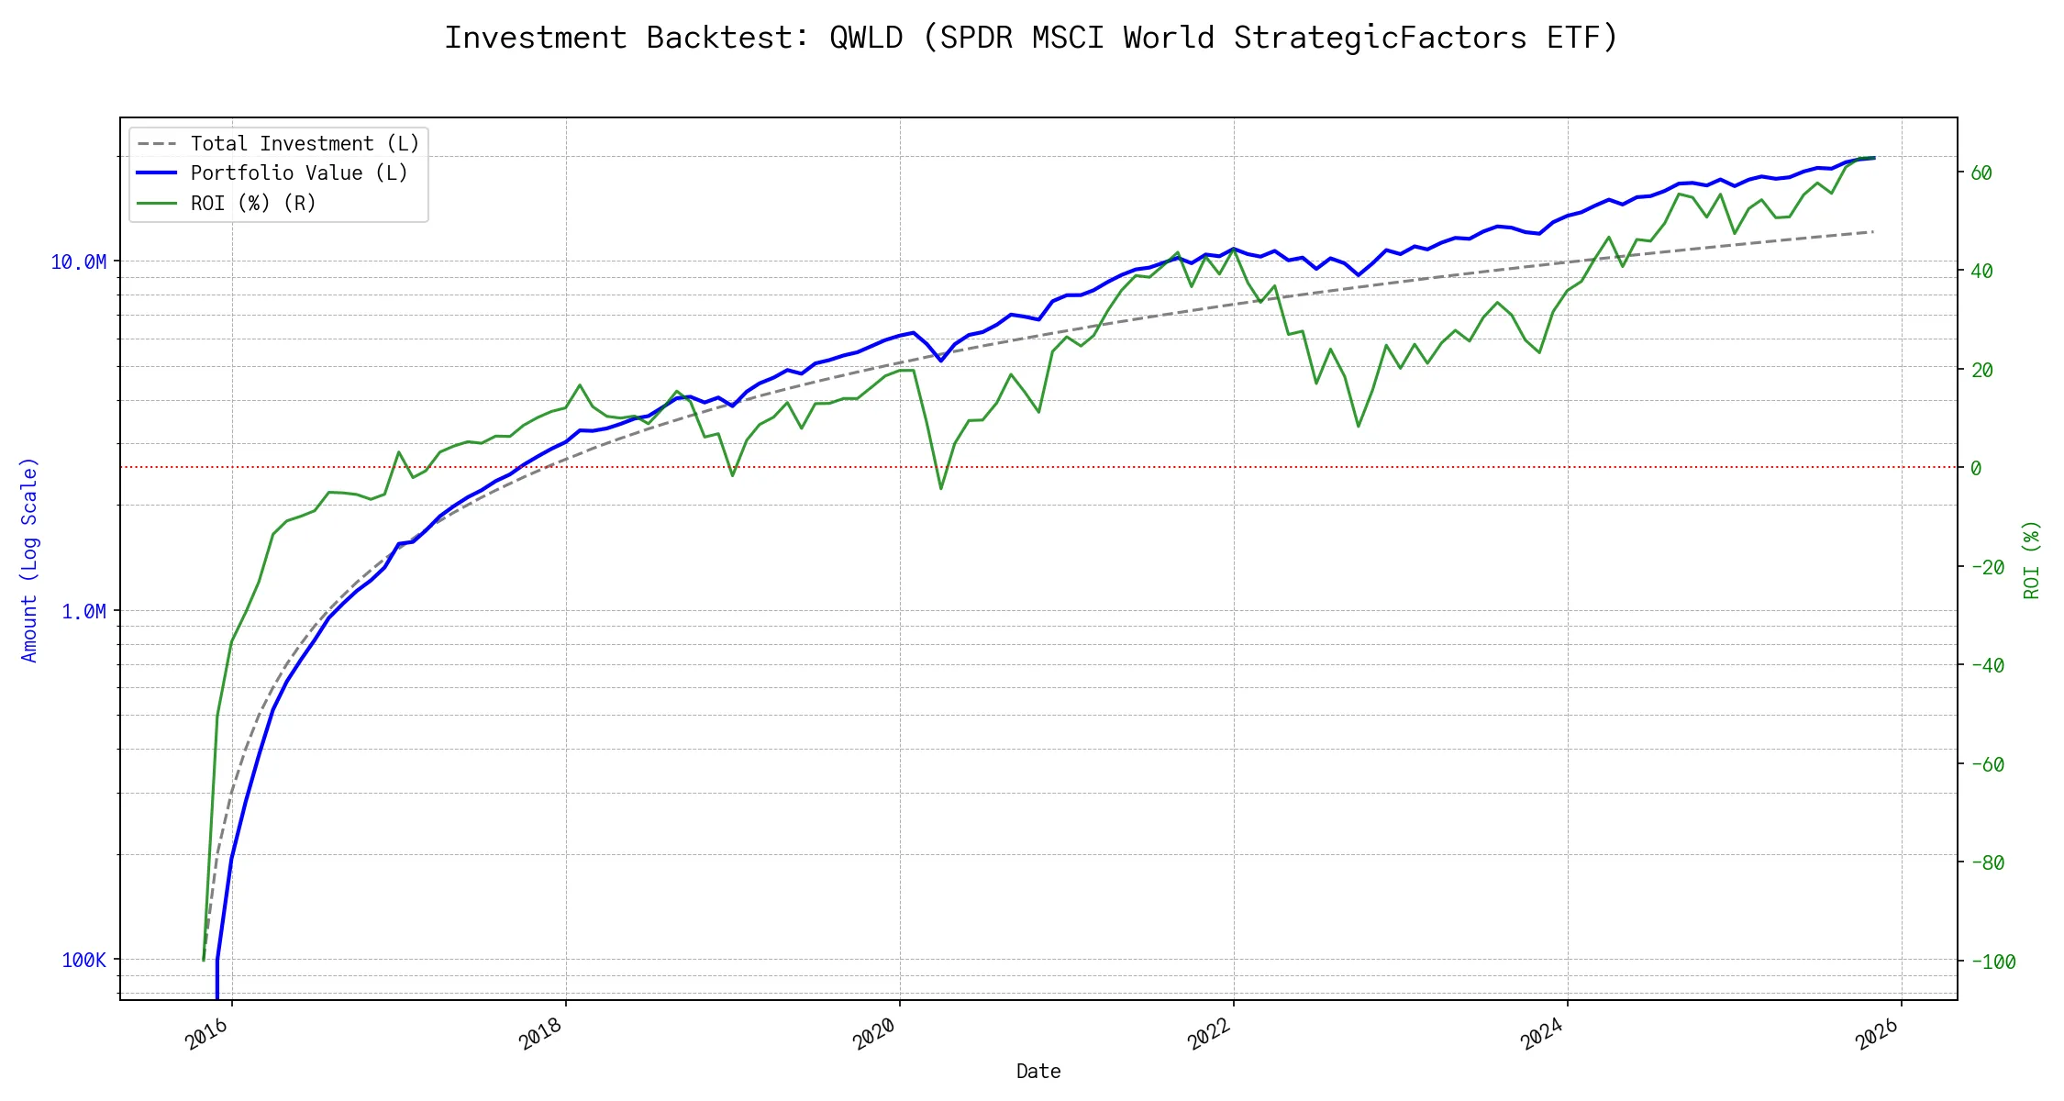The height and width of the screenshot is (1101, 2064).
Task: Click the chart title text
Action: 1031,38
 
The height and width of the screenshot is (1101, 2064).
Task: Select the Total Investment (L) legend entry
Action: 305,144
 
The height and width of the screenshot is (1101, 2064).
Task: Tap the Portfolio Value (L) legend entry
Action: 299,173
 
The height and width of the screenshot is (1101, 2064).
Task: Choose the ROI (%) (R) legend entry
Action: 253,204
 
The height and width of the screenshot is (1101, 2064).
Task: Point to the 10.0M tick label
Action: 78,262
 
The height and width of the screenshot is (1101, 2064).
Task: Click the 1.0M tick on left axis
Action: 83,611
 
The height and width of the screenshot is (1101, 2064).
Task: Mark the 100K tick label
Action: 83,961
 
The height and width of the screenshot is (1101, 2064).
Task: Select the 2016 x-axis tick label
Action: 207,1035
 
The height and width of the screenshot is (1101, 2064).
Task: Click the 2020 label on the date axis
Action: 875,1035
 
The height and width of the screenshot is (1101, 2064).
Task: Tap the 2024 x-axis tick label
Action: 1543,1035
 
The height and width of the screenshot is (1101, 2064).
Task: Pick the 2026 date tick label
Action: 1877,1035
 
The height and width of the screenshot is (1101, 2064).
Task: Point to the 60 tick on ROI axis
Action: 1981,173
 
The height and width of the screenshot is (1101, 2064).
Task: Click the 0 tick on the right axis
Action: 1976,469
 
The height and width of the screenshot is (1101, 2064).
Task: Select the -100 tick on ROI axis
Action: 1992,962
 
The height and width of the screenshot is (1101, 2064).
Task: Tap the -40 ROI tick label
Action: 1987,666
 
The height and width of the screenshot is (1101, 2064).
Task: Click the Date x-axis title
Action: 1038,1072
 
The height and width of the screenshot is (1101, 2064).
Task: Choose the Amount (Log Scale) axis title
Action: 29,560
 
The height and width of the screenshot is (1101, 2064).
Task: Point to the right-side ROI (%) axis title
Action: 2032,560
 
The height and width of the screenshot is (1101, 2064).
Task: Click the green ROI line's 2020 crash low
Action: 941,488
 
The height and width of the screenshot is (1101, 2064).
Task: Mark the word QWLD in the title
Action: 866,38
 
